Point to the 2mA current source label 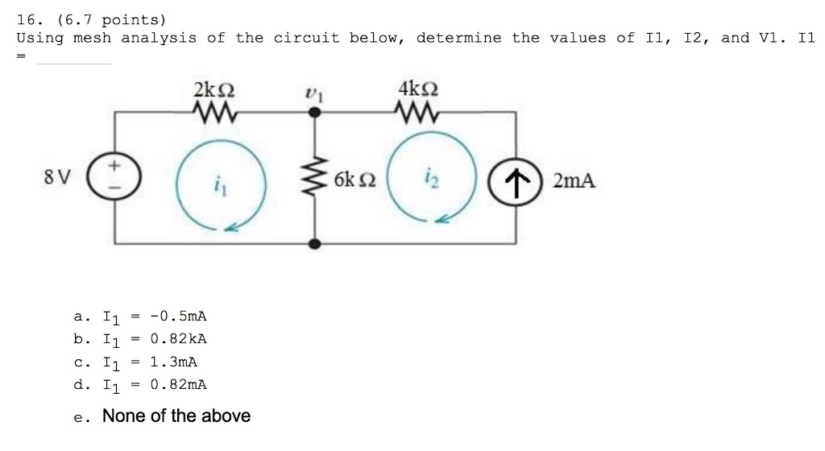coord(574,180)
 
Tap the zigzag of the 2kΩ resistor coord(215,112)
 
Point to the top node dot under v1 coord(315,113)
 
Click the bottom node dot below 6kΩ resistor coord(315,242)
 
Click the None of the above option coord(176,416)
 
